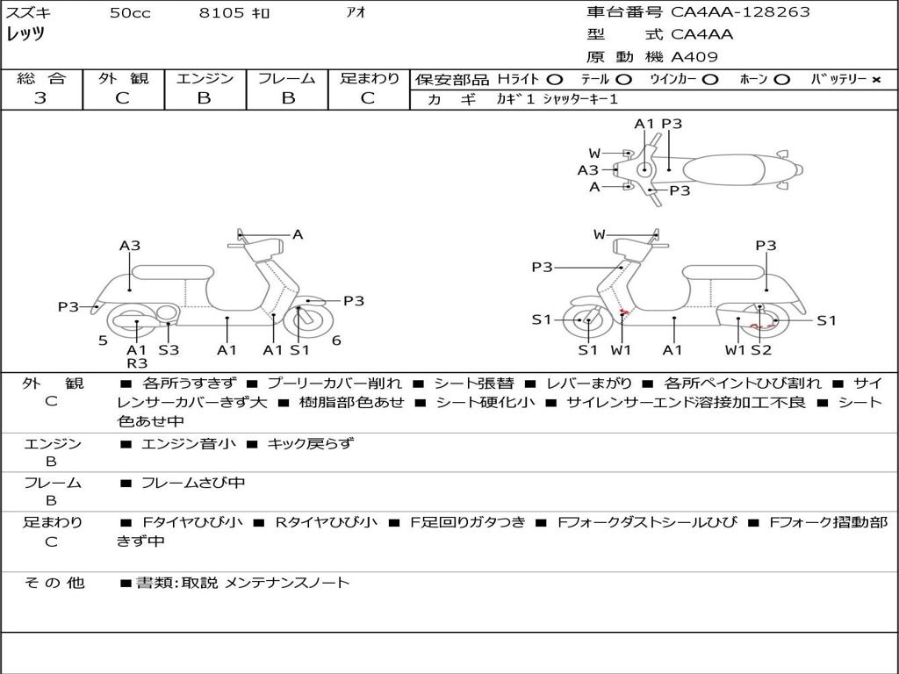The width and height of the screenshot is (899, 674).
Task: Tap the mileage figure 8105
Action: [x=222, y=12]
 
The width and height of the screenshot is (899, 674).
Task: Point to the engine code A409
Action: [x=694, y=57]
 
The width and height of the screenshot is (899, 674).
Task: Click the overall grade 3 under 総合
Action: [x=40, y=98]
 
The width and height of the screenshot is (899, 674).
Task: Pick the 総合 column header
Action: [x=40, y=78]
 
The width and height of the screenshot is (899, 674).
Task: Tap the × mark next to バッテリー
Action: [x=875, y=79]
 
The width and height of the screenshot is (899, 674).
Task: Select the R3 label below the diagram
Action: [x=137, y=362]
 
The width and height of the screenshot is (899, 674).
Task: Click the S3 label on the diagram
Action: [x=169, y=349]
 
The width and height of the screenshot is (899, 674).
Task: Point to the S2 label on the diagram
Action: [x=760, y=349]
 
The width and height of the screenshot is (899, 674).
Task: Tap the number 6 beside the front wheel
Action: [x=336, y=340]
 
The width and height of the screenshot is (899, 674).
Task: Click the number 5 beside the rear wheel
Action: [x=103, y=340]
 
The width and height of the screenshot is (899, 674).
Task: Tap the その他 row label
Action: [x=54, y=582]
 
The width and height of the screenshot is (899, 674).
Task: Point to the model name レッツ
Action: [x=25, y=34]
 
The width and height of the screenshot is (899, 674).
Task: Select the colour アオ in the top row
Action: [x=356, y=12]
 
